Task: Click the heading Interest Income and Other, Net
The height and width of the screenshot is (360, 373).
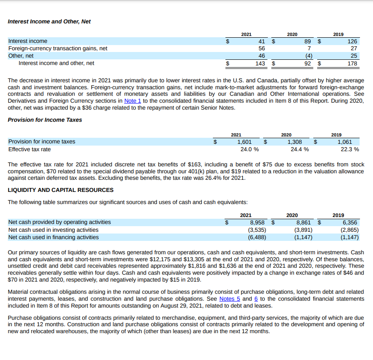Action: (49, 21)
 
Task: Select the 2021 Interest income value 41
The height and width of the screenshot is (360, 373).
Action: (261, 41)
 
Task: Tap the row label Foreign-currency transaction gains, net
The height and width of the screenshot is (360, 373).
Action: (58, 49)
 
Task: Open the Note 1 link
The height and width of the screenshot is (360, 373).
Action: (132, 101)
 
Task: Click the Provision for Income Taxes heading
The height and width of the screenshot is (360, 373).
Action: (45, 120)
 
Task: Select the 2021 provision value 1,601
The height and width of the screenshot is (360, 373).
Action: (244, 142)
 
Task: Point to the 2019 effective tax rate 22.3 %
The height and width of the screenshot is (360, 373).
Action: (350, 149)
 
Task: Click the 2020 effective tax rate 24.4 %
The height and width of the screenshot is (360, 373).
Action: (299, 149)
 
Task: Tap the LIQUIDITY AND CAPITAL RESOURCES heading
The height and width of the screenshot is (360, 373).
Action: (61, 190)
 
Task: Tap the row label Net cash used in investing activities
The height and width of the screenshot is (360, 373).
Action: (53, 230)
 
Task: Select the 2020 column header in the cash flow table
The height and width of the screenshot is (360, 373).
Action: (292, 215)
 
